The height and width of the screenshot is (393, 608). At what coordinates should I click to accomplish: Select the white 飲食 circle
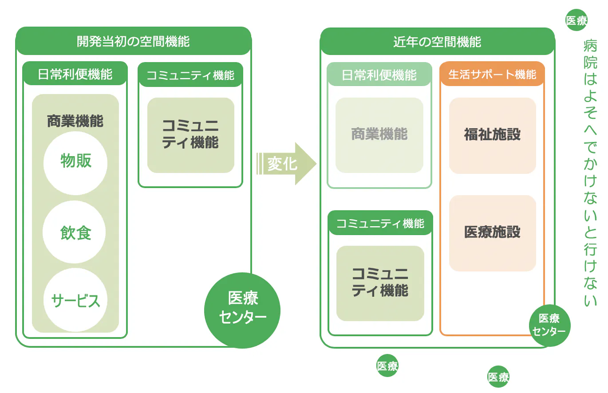tap(75, 232)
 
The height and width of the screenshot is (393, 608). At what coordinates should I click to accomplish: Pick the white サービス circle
tap(75, 300)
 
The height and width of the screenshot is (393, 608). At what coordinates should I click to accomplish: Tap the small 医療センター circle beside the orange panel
tap(549, 326)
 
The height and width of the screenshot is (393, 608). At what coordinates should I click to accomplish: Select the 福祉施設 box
tap(492, 135)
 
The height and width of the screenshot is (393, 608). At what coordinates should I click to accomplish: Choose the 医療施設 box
tap(492, 233)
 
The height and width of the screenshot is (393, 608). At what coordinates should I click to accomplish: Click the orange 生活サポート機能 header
tap(492, 74)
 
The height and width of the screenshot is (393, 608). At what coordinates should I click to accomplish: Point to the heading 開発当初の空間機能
tap(133, 42)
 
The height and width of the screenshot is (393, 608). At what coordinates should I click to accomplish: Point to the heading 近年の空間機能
tap(437, 42)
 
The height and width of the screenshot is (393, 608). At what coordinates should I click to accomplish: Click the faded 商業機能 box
tap(379, 135)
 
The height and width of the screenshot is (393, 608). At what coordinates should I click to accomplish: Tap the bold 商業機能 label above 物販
tap(75, 121)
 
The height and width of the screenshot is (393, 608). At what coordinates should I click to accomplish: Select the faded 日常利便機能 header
tap(379, 74)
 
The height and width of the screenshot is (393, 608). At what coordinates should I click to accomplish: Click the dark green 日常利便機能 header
tap(75, 74)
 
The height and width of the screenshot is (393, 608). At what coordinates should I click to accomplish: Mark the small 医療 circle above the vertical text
tap(576, 20)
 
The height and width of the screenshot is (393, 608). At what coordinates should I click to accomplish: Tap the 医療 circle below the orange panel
tap(498, 377)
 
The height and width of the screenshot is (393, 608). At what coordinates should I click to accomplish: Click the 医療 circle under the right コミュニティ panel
tap(387, 366)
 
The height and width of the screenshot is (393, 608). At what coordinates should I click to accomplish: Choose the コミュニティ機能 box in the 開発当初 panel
tap(190, 135)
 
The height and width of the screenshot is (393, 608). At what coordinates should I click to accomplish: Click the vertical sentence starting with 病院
tap(590, 173)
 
